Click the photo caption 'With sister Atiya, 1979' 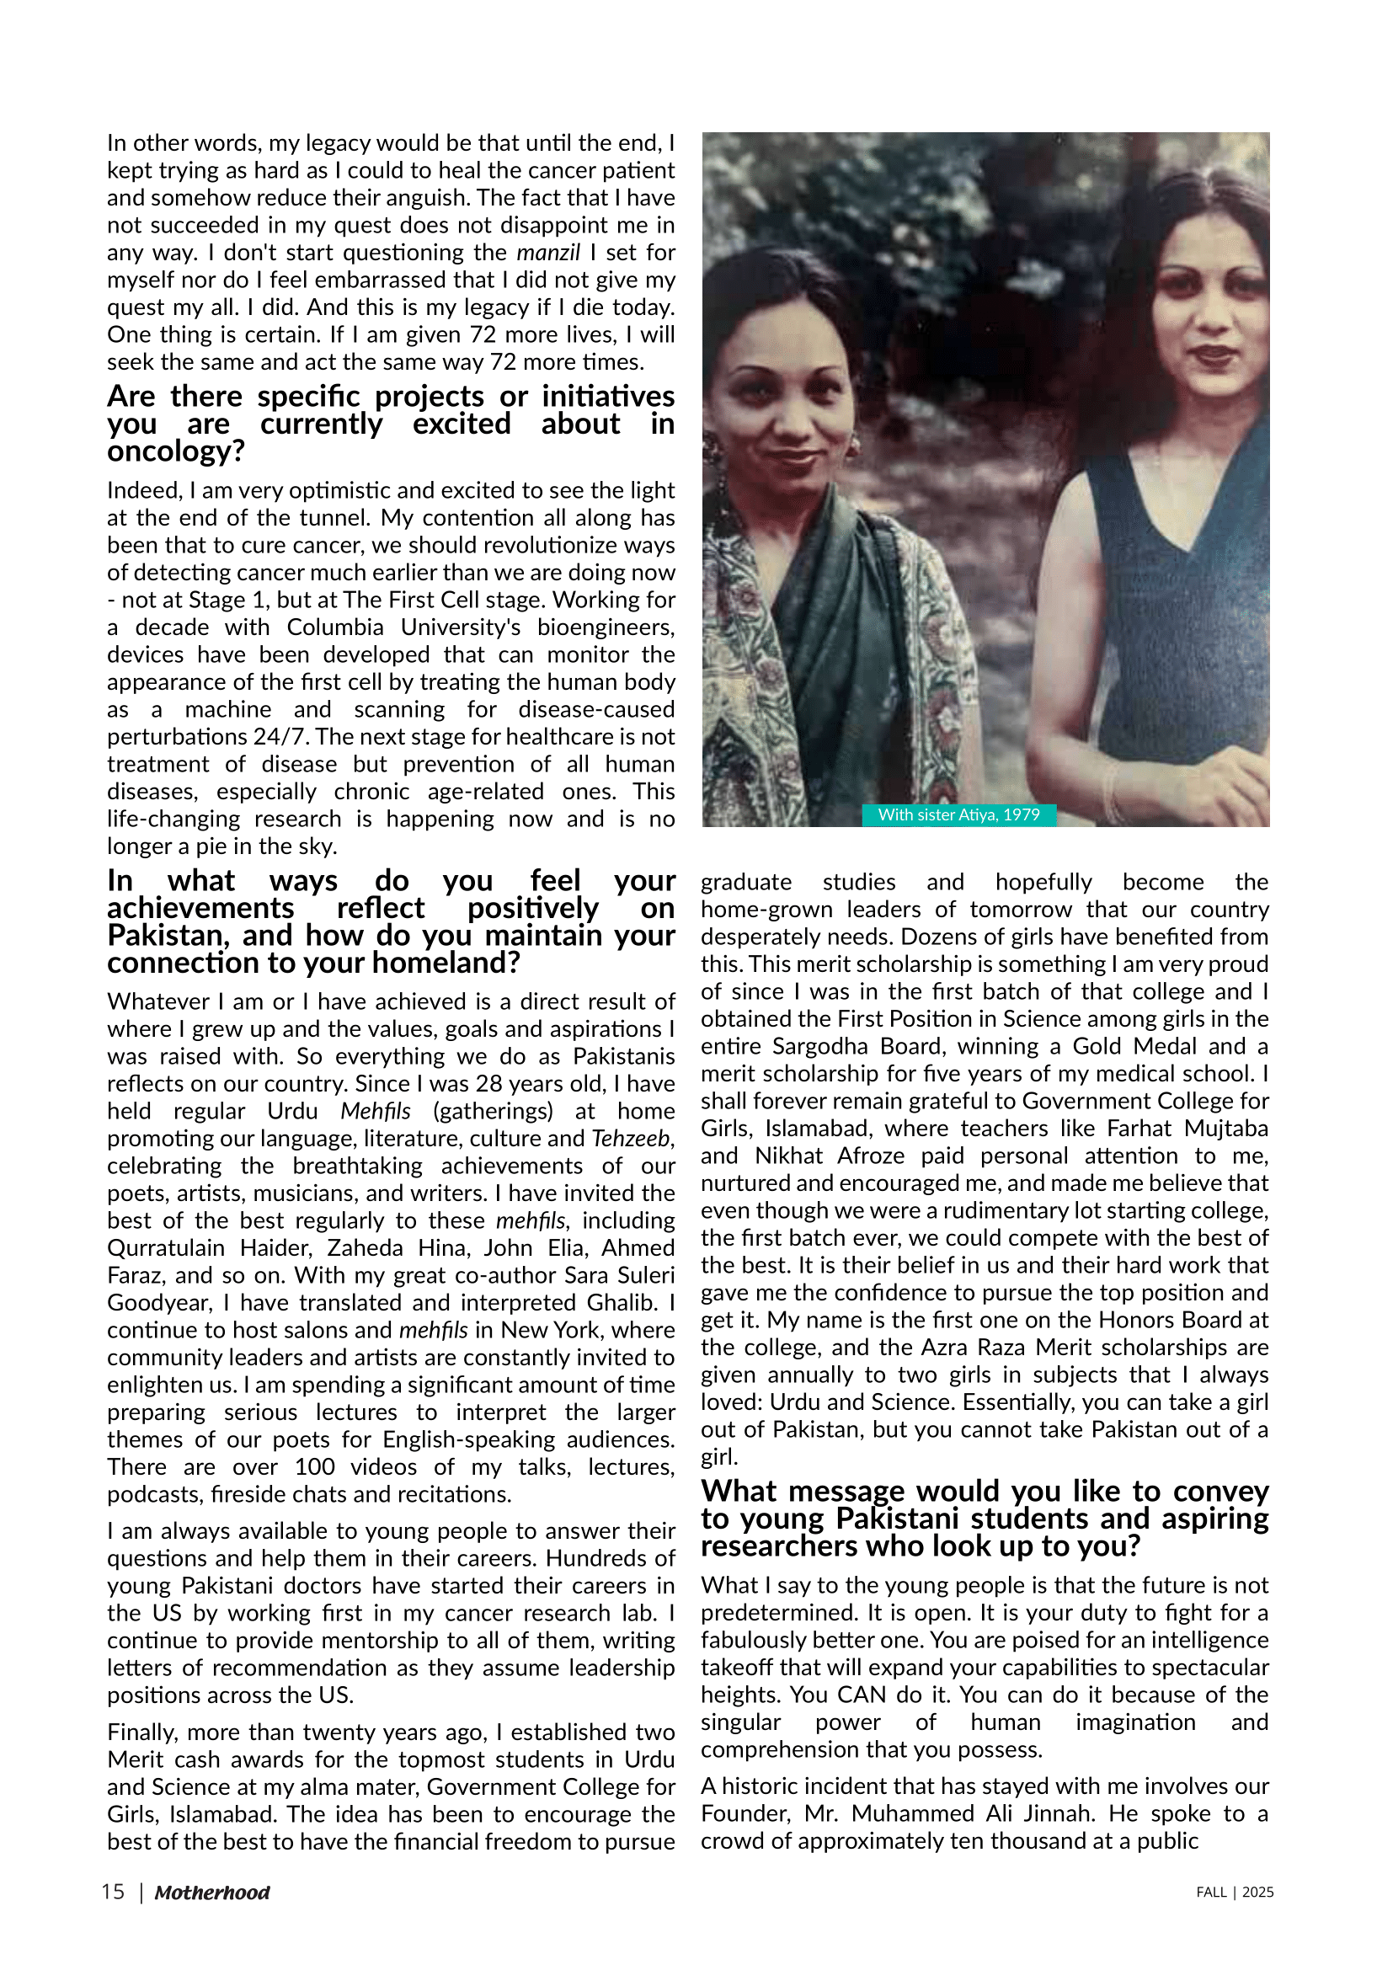click(958, 814)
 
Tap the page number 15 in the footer click(112, 1892)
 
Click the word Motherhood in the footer click(212, 1893)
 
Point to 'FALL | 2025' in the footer click(1235, 1892)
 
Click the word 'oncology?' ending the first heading click(176, 451)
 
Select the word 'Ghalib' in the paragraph click(621, 1302)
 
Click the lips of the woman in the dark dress click(1212, 353)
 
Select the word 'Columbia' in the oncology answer click(335, 627)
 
